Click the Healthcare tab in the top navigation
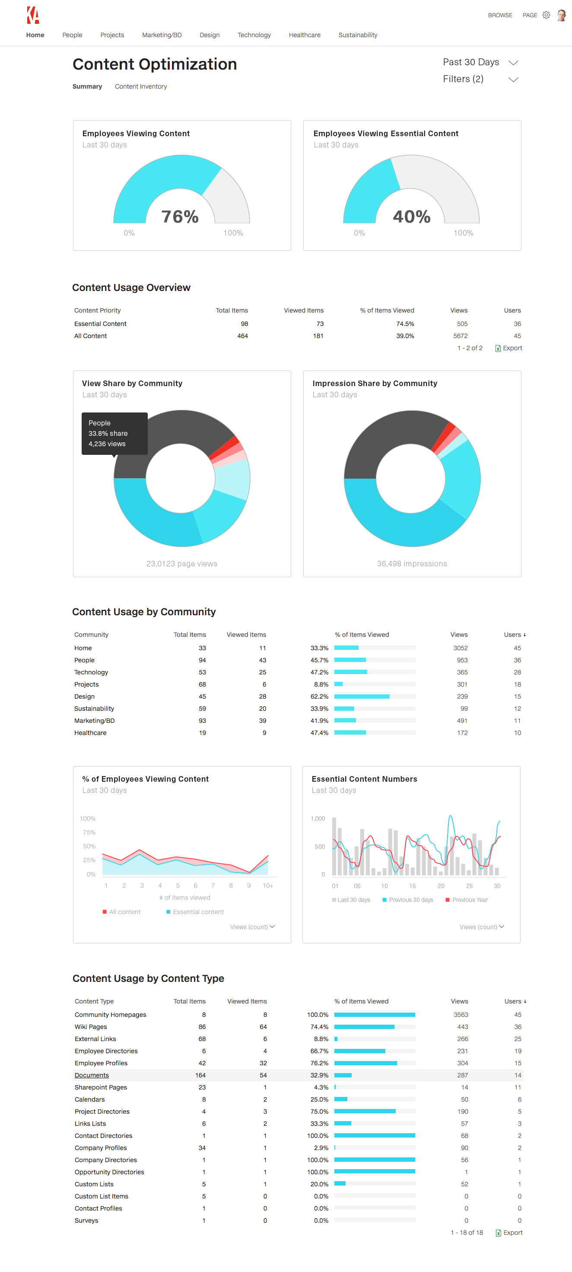[305, 35]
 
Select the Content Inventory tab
[141, 86]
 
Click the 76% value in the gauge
[180, 217]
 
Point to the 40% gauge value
[412, 217]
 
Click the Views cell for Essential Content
[462, 324]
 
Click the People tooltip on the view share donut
[114, 433]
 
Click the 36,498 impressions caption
[412, 564]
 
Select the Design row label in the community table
[84, 697]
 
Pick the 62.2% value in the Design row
[319, 697]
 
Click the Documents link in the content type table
[92, 1075]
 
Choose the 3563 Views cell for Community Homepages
[461, 1015]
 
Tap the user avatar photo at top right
[561, 15]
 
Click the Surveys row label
[86, 1221]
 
